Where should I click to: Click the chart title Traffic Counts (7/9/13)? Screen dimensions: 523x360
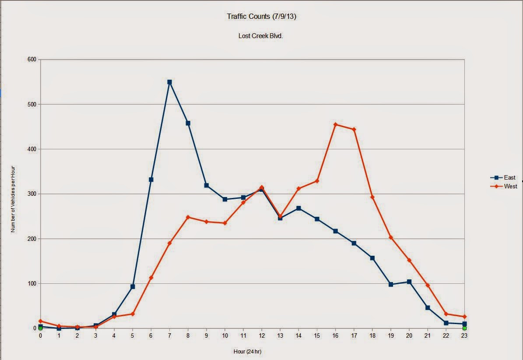(262, 16)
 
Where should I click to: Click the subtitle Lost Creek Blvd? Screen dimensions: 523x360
(260, 36)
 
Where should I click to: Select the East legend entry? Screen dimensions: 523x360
(503, 177)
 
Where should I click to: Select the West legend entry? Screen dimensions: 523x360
(504, 186)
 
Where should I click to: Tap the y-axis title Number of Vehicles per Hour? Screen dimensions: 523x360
(13, 199)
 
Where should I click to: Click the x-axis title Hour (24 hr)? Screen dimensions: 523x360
(247, 351)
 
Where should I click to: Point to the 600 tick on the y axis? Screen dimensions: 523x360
(32, 60)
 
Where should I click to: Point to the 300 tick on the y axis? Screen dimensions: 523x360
(32, 194)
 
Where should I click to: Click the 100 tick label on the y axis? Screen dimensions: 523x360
(32, 284)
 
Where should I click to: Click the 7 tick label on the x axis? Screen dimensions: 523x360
(169, 335)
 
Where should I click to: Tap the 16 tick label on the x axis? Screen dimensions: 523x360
(335, 335)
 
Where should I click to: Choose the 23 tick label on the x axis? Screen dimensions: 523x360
(464, 335)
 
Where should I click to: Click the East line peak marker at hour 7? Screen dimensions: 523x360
(169, 82)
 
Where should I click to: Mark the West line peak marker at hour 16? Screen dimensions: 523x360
(336, 125)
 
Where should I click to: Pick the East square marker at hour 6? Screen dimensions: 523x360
(151, 180)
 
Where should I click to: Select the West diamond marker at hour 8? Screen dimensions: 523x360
(188, 217)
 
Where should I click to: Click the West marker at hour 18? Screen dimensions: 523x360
(372, 197)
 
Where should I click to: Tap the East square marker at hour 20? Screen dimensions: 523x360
(409, 282)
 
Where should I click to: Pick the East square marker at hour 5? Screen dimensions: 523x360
(133, 286)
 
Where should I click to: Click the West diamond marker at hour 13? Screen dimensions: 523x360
(280, 216)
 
